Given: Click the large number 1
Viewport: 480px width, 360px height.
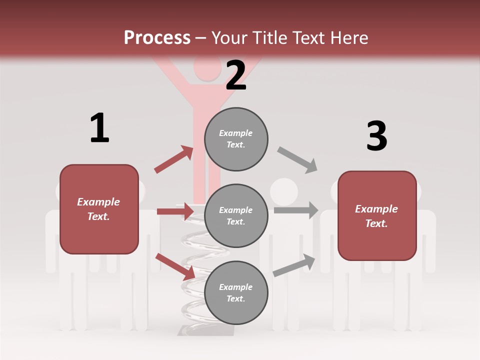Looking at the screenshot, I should point(99,128).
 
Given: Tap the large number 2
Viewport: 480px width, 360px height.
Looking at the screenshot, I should point(236,75).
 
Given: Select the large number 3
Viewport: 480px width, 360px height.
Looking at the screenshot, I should point(377,136).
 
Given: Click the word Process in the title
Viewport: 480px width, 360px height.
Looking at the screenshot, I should point(157,38).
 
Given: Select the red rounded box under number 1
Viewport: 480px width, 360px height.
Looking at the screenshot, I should point(99,209).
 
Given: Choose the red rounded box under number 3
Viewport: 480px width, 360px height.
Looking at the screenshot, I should point(377,215).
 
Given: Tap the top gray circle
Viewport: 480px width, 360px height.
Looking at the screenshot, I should point(236,139).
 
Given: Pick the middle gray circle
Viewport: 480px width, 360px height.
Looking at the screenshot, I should point(236,215).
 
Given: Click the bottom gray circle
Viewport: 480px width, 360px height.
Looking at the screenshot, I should point(236,292).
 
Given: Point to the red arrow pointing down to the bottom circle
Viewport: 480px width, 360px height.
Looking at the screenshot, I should point(175,266).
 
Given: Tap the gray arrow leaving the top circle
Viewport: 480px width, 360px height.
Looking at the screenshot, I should point(297,159).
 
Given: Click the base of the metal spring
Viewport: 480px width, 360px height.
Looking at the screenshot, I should point(205,330).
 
